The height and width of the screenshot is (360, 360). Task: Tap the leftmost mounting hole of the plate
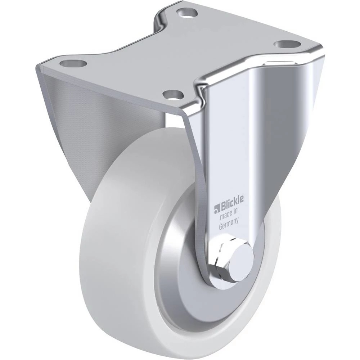point(73,63)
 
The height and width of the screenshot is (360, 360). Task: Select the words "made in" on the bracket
point(229,215)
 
